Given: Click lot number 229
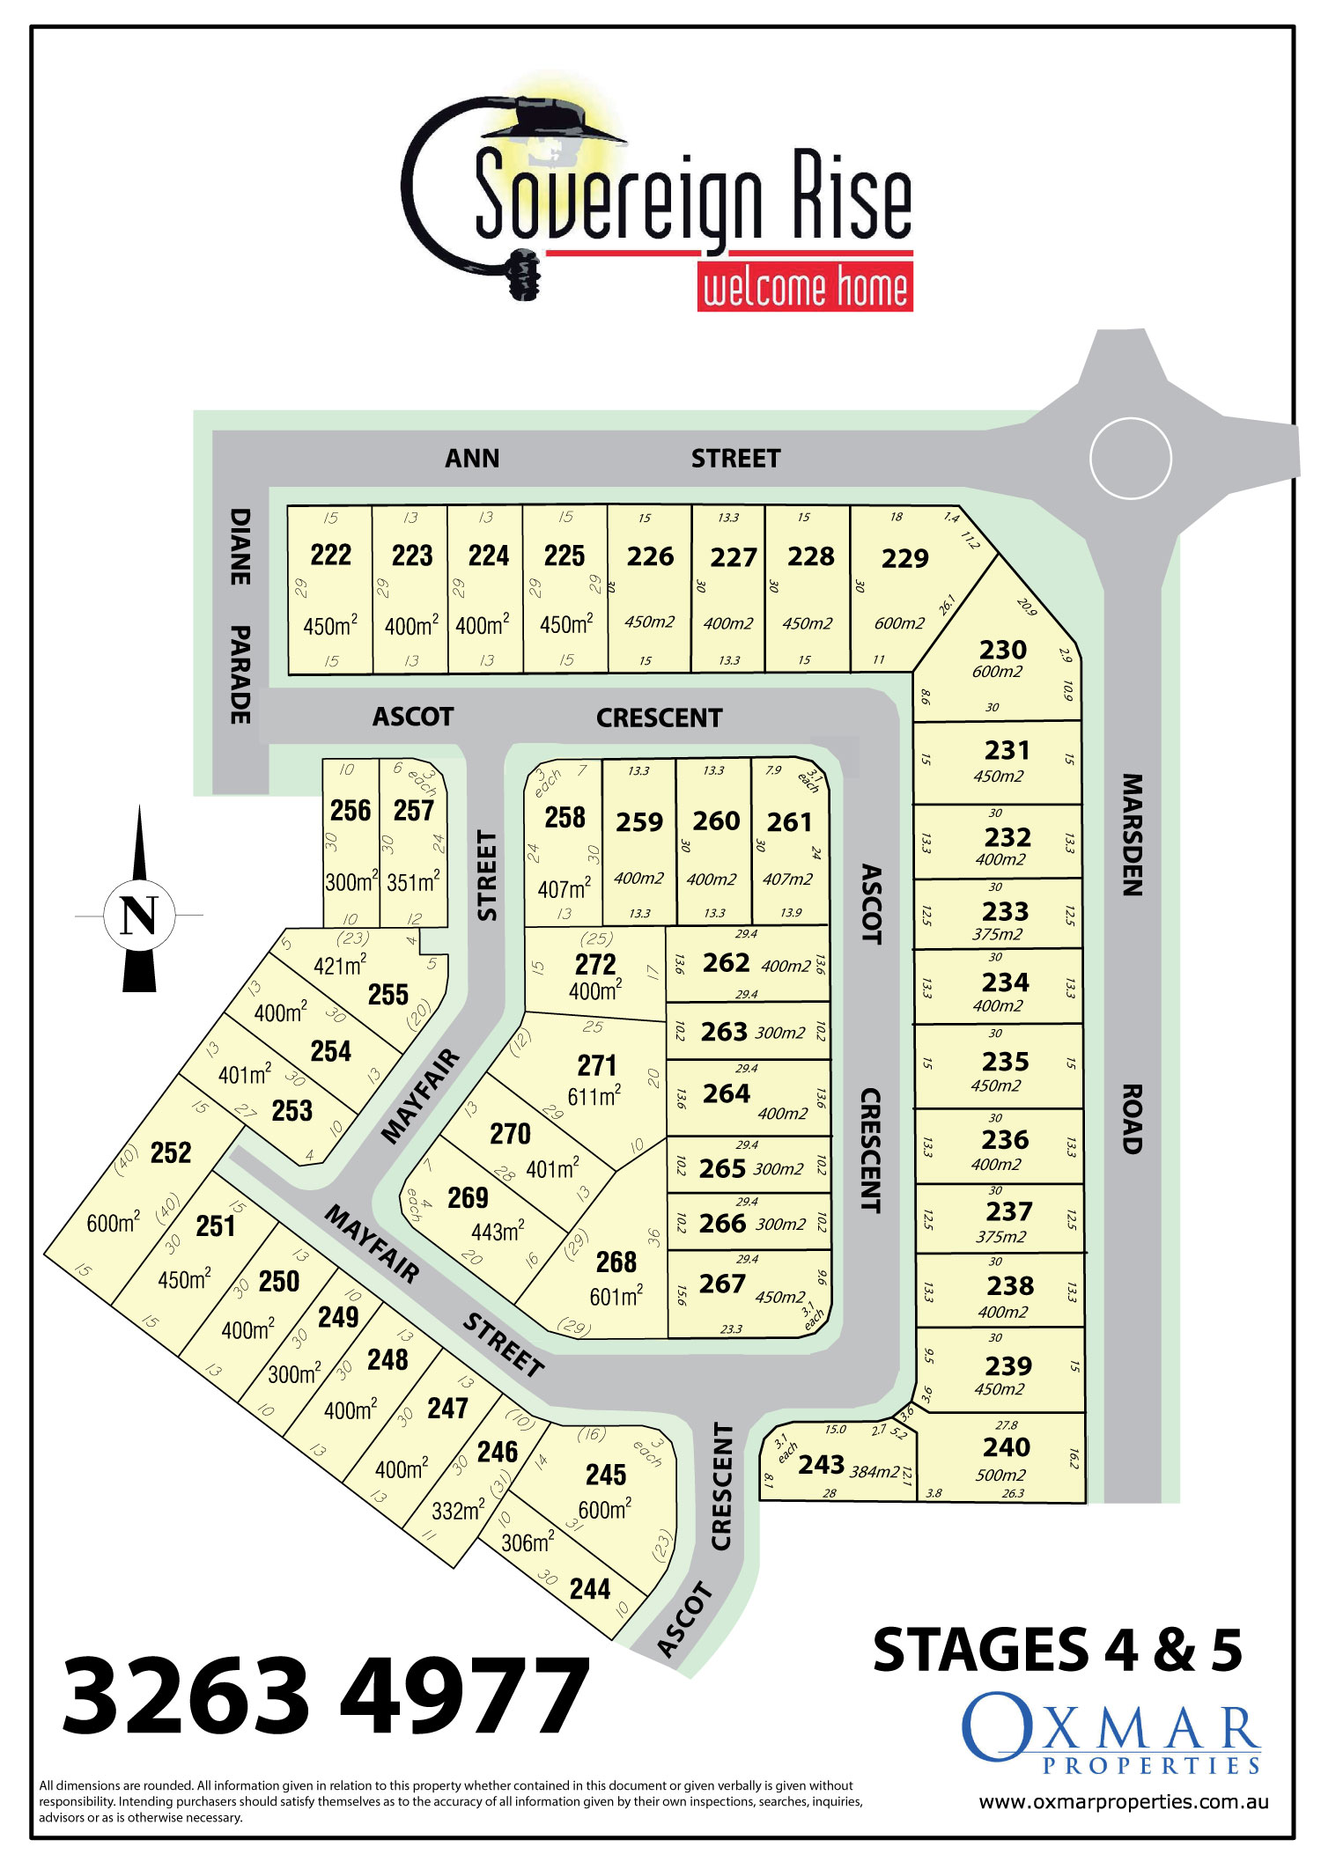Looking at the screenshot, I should pos(904,558).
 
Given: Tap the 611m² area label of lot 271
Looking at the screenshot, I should pos(594,1097).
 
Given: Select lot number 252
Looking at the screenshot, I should pos(171,1152).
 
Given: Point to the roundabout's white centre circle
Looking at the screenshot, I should pos(1130,459).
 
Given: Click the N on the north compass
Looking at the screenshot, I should pos(138,916).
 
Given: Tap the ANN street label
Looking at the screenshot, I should pos(472,459).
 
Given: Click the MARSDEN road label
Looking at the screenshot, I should pos(1133,835).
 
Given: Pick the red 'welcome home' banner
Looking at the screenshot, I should pos(805,288).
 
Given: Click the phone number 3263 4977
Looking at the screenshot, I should pos(326,1696).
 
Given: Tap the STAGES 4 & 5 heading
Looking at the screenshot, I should pos(1057,1650).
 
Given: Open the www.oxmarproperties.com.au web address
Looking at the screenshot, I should pos(1124,1801).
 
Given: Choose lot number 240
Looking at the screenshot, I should pos(1007,1447).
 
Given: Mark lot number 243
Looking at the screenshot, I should pos(822,1464).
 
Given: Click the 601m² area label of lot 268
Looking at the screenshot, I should pos(616,1296).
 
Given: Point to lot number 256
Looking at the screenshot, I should pos(351,810).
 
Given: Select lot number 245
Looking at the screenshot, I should pos(606,1475).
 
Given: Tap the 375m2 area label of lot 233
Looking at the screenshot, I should pos(998,934).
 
